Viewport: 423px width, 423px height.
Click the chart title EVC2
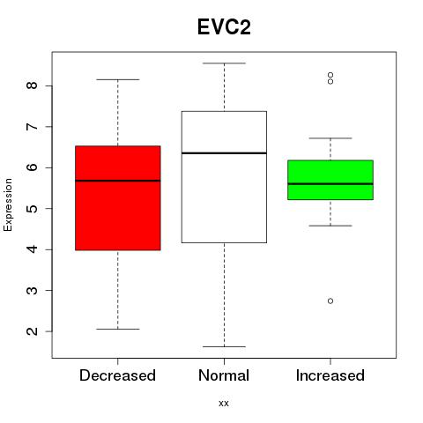(224, 27)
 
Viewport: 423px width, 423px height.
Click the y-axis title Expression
(8, 204)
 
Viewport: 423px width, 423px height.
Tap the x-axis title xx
(224, 404)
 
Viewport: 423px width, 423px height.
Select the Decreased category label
(117, 375)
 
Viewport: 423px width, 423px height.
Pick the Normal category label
(224, 375)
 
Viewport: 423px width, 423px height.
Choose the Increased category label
(330, 375)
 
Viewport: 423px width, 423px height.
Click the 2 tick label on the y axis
(32, 331)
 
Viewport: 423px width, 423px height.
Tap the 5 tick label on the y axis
(32, 209)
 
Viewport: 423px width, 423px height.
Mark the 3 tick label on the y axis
(32, 291)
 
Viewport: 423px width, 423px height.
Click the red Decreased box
(118, 198)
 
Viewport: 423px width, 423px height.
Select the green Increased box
(330, 180)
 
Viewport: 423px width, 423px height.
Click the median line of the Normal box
(224, 153)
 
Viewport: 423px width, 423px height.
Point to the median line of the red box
(118, 181)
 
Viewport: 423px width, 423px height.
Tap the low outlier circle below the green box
(330, 301)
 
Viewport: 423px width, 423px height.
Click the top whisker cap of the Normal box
(224, 63)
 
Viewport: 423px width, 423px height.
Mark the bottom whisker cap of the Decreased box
(118, 329)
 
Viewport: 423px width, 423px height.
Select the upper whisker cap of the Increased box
(330, 138)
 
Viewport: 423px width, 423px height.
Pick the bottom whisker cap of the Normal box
(224, 346)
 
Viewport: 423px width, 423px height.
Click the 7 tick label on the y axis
(32, 127)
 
